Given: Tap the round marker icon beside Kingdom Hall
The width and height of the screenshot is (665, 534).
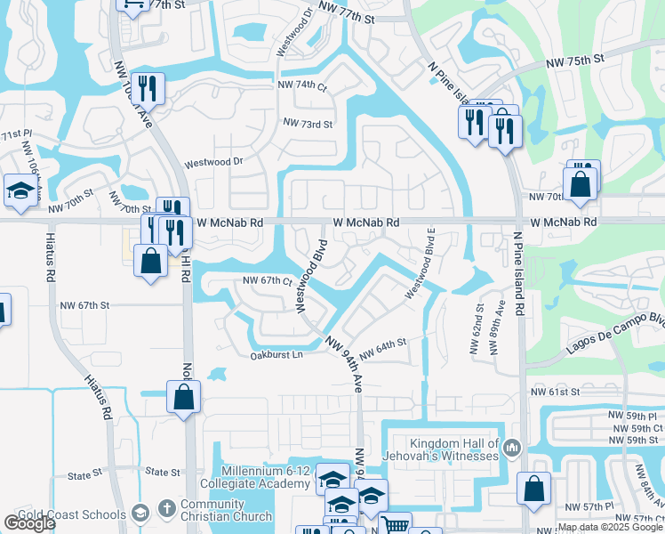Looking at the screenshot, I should point(511,447).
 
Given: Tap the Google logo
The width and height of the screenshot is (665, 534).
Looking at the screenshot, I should point(29,523).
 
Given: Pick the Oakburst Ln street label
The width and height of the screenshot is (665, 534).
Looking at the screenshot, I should point(276,353).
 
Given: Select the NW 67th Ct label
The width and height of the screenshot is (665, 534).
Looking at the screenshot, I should point(268,281).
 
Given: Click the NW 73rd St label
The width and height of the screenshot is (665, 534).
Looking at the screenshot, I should point(307,124).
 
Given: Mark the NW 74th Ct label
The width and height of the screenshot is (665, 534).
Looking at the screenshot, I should point(303,85).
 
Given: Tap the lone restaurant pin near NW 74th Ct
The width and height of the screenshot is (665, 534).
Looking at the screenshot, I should point(149,87).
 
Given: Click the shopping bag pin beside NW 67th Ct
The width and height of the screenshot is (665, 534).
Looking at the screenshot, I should point(150,261).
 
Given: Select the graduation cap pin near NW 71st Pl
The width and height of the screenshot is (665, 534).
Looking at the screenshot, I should point(20,190).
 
